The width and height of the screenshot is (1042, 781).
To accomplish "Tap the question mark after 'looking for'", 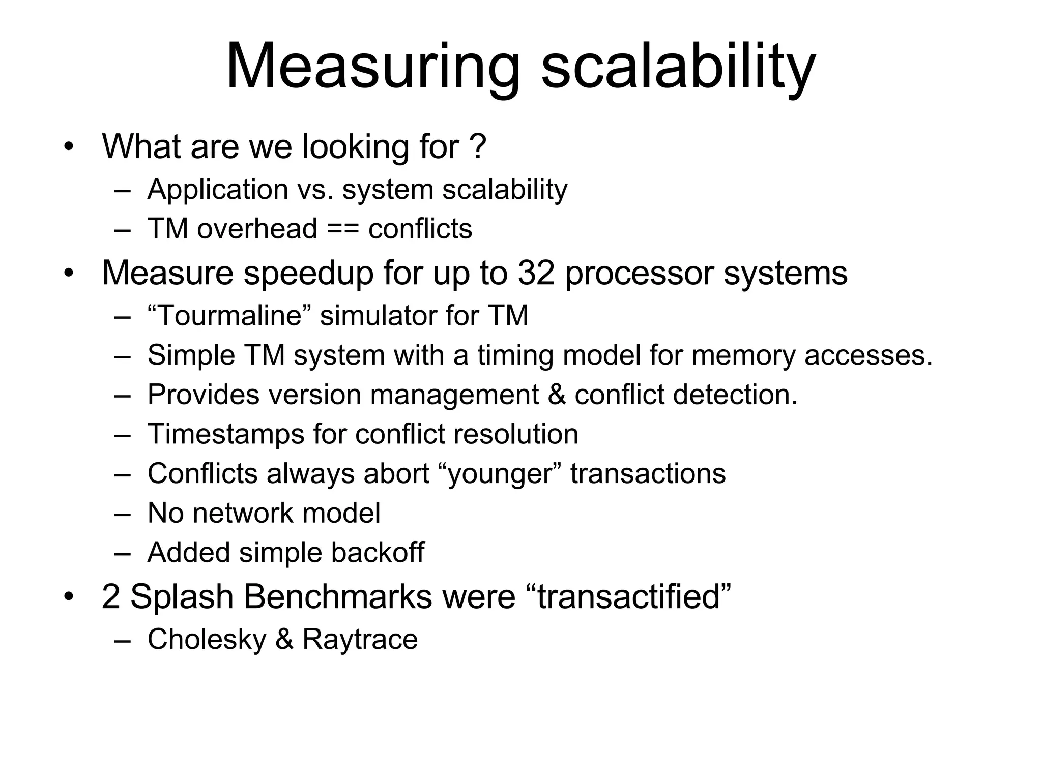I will (478, 147).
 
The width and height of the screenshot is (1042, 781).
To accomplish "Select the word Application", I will (218, 190).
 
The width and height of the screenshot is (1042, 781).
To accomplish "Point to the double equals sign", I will (342, 229).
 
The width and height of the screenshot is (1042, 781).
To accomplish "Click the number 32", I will (536, 273).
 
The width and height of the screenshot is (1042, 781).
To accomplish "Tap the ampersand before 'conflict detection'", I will (556, 395).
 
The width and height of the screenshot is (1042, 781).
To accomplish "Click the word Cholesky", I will (207, 639).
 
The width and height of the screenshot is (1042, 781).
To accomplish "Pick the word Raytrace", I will (360, 639).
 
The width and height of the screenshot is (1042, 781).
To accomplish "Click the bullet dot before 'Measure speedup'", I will (69, 274).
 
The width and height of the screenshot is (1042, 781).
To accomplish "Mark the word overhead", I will (257, 229).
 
